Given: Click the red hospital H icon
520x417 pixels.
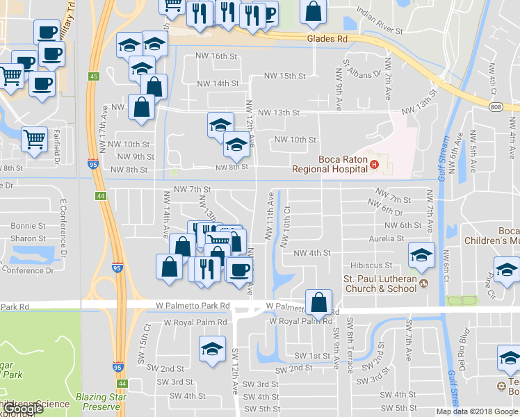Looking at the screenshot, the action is pyautogui.click(x=375, y=165).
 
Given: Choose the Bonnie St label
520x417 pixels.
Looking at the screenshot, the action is pyautogui.click(x=28, y=226).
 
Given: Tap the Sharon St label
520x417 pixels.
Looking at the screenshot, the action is pyautogui.click(x=28, y=238).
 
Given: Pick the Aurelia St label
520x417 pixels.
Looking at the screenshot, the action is pyautogui.click(x=386, y=238).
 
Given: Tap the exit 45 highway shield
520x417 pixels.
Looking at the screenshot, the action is pyautogui.click(x=92, y=76).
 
